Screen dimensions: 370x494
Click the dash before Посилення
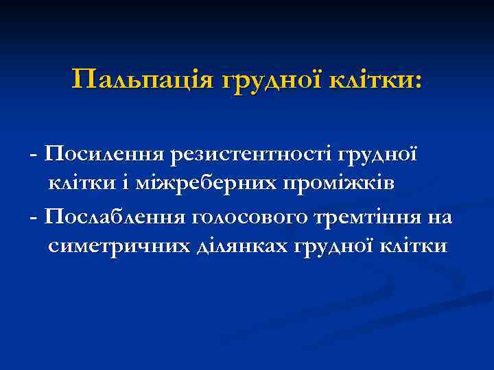point(34,154)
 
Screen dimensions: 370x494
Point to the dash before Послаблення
point(34,218)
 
